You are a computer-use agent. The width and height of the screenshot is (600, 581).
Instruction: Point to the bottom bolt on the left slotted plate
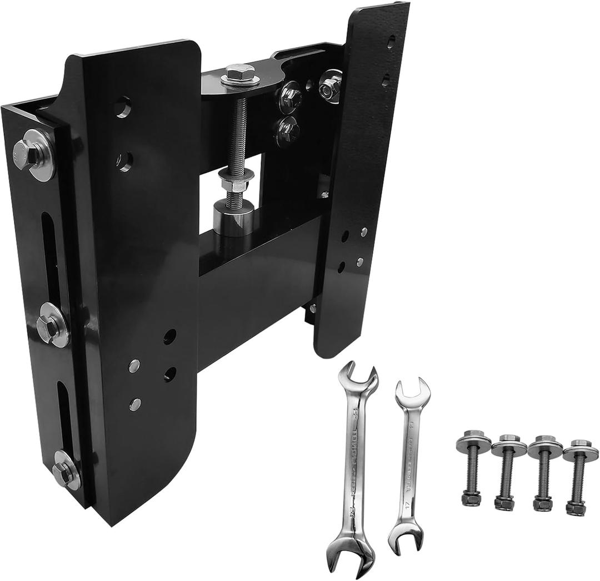click(x=65, y=470)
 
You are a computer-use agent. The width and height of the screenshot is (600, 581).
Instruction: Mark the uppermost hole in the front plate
click(x=123, y=107)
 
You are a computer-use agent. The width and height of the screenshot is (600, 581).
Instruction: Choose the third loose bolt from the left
click(x=542, y=472)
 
